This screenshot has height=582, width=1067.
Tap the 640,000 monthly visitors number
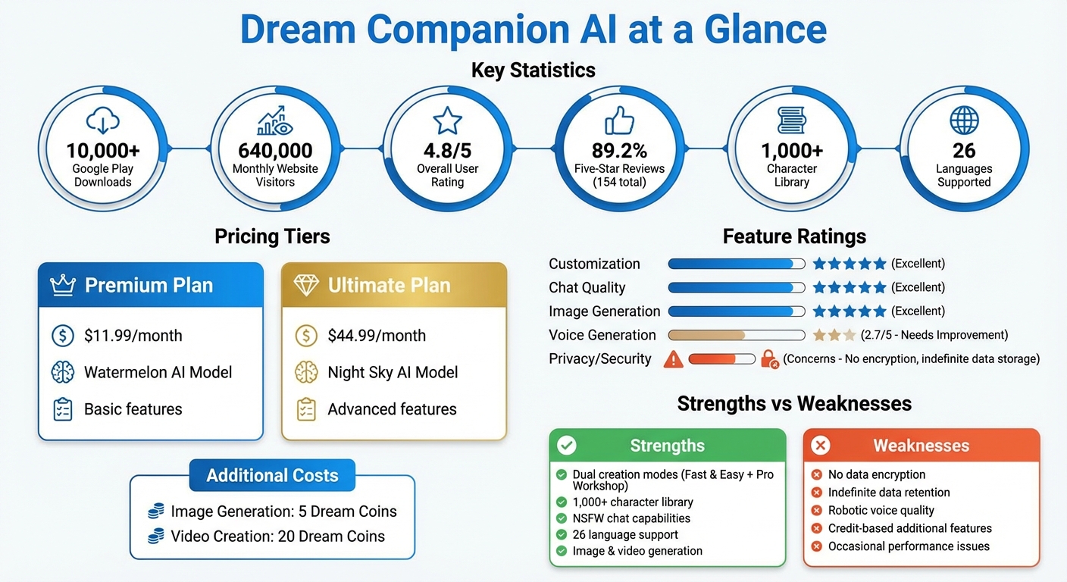(274, 150)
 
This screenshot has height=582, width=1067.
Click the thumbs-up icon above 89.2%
(619, 120)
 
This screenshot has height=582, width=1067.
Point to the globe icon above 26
(964, 120)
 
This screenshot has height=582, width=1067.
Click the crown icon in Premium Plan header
(63, 286)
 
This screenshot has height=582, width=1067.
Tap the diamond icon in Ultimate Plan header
(306, 286)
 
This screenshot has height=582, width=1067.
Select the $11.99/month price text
(133, 336)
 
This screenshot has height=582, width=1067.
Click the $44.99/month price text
(377, 336)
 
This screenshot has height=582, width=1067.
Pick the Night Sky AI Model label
(393, 372)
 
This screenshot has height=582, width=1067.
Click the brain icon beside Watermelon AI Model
(62, 372)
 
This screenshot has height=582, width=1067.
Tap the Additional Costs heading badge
(272, 476)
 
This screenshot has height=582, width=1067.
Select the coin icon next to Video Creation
(156, 537)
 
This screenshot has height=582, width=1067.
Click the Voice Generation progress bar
(736, 335)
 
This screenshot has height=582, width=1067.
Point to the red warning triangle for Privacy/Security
(673, 359)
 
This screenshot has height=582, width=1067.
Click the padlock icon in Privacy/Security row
(769, 359)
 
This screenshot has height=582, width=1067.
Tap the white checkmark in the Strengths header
(567, 446)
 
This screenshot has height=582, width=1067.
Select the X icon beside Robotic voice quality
(817, 511)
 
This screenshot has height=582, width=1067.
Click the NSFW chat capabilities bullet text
(631, 518)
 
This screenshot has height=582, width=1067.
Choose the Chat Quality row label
(587, 288)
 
